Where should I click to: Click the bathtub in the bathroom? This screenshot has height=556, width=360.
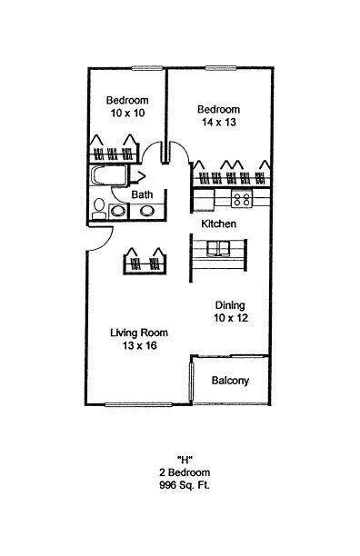pos(108,175)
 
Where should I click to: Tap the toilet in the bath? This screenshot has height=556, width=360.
pos(98,209)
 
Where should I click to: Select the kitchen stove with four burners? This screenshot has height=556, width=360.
pos(242,199)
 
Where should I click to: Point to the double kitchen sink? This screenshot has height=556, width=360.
pos(219,248)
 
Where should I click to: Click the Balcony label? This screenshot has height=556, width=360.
pos(230,381)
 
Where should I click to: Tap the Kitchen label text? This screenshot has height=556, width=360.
pos(218,223)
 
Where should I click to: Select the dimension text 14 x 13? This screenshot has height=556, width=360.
pos(219,123)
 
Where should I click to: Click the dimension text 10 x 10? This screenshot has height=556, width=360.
pos(127,114)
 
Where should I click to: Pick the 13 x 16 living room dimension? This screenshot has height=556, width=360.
pos(140,345)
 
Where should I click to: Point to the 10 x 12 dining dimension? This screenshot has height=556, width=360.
pos(231,318)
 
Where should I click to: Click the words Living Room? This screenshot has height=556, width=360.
pos(139,333)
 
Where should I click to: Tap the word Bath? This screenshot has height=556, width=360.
pos(142,194)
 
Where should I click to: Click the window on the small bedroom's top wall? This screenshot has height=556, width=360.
pos(145,68)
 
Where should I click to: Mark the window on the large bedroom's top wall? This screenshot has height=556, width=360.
pos(221,68)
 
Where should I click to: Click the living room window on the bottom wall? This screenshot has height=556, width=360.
pos(139,404)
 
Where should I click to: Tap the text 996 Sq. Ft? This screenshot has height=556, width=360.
pos(185,485)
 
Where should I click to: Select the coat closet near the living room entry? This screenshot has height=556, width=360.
pos(145,261)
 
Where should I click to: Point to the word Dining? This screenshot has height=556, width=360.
pos(230,305)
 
